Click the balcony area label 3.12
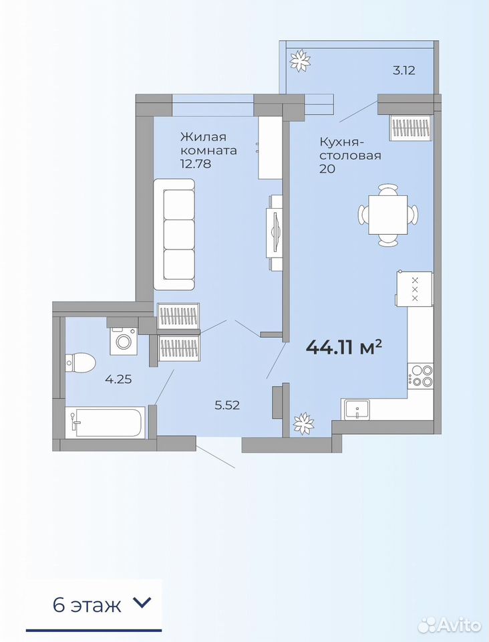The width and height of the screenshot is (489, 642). click(x=404, y=70)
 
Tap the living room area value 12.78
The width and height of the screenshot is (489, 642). click(x=196, y=164)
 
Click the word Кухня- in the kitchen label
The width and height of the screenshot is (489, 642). click(x=341, y=143)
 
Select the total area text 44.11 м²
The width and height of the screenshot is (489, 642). click(x=344, y=348)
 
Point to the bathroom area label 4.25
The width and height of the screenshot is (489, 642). click(x=118, y=379)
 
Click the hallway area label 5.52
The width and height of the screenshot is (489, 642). click(x=227, y=405)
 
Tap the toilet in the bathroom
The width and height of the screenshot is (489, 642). click(x=81, y=362)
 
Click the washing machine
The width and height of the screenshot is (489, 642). click(x=123, y=340)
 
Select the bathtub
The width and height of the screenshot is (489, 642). click(x=105, y=422)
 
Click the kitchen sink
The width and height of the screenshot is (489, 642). click(x=357, y=409)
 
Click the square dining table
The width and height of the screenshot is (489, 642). click(x=388, y=215)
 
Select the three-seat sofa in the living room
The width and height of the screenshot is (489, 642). click(x=174, y=235)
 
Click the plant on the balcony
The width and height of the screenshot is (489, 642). click(x=300, y=61)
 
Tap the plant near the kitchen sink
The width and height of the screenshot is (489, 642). click(x=303, y=423)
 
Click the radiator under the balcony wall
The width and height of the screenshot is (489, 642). click(x=412, y=128)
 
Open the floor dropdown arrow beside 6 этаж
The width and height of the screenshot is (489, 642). click(x=142, y=603)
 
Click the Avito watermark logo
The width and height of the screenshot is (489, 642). click(x=450, y=625)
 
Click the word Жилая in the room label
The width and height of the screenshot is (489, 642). click(x=203, y=136)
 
